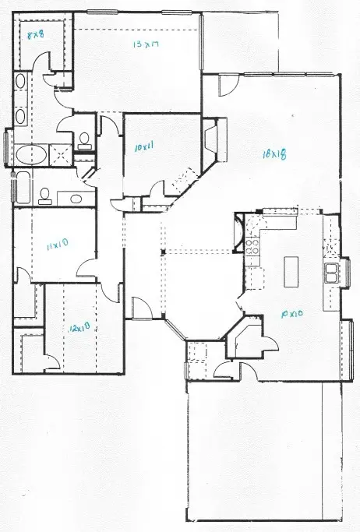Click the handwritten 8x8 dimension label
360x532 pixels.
pyautogui.click(x=36, y=35)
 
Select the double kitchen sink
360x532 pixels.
pyautogui.click(x=332, y=273)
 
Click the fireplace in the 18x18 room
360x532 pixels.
pyautogui.click(x=213, y=140)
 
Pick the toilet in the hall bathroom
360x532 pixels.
pyautogui.click(x=46, y=194)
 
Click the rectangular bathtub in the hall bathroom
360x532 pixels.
pyautogui.click(x=21, y=188)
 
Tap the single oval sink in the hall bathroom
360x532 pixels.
pyautogui.click(x=75, y=198)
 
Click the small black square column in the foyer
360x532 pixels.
pyautogui.click(x=162, y=252)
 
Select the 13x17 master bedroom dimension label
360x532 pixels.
pyautogui.click(x=146, y=45)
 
